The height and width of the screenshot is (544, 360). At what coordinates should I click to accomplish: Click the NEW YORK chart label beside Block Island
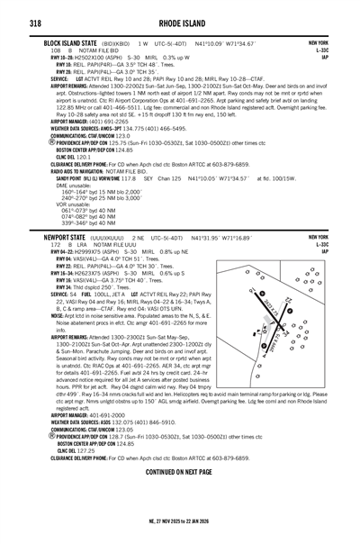point(318,42)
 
